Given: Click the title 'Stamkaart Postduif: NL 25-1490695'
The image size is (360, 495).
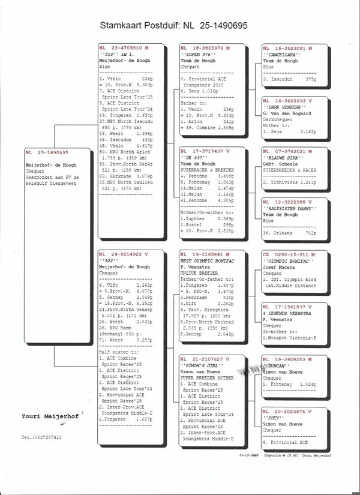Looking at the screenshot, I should pos(173,27).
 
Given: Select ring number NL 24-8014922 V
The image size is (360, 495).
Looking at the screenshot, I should pos(124,254).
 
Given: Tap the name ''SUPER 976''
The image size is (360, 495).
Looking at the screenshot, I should pos(197,54).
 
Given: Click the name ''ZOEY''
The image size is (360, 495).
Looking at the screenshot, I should pos(273,417).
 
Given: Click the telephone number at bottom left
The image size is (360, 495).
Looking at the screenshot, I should pos(41,437).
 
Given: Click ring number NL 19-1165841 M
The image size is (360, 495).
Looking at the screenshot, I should pos(206,255).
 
